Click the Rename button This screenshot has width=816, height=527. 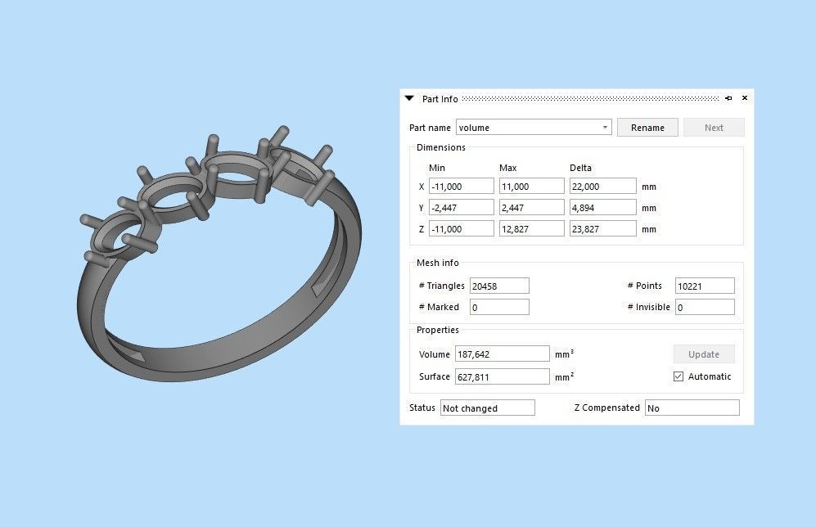(647, 128)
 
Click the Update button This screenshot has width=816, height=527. (704, 354)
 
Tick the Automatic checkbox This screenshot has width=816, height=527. (678, 376)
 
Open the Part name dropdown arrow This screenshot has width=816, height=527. (605, 128)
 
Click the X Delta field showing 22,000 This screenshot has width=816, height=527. (602, 187)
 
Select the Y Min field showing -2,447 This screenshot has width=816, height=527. (461, 208)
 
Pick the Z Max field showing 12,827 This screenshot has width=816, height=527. (531, 229)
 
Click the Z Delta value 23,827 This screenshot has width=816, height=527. (602, 229)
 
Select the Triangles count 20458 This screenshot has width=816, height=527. (498, 286)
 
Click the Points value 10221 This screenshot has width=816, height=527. (704, 286)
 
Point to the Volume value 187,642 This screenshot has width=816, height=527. (502, 354)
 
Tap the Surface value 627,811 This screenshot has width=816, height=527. (502, 376)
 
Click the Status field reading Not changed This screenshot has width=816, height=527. (487, 408)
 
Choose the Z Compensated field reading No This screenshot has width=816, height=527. (692, 408)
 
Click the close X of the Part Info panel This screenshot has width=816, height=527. (745, 98)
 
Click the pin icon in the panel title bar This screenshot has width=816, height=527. (728, 98)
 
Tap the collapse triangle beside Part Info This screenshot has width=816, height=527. (410, 98)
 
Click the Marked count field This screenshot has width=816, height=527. (498, 307)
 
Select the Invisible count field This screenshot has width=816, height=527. (704, 307)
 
